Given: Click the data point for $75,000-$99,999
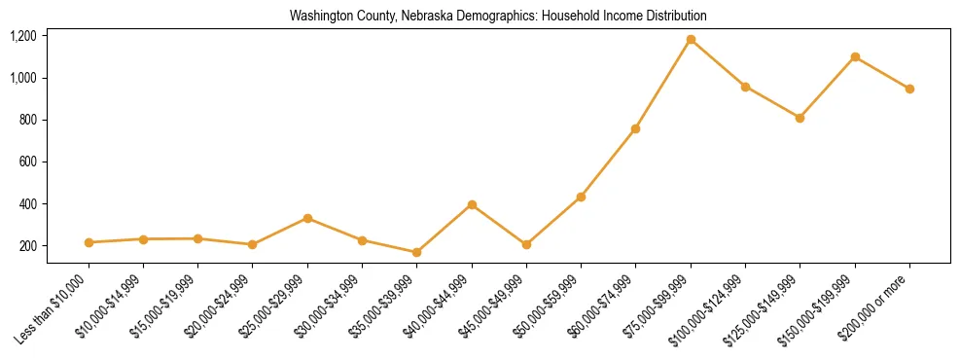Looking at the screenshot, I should click(691, 40).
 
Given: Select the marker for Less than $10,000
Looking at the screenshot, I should click(89, 242).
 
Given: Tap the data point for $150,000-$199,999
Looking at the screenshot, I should click(855, 56).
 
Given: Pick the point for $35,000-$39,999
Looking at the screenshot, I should click(417, 252).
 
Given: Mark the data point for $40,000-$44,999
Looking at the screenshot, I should click(472, 204).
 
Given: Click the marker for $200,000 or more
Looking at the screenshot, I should click(909, 89).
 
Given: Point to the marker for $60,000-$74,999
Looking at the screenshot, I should click(636, 128).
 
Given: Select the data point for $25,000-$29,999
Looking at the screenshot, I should click(307, 218).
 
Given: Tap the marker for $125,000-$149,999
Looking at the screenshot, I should click(800, 118).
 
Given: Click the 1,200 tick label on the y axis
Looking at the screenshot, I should click(23, 36).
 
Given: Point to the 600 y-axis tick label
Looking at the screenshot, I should click(28, 162).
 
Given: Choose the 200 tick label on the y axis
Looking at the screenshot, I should click(28, 246).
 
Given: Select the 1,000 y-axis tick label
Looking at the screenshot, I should click(23, 78).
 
